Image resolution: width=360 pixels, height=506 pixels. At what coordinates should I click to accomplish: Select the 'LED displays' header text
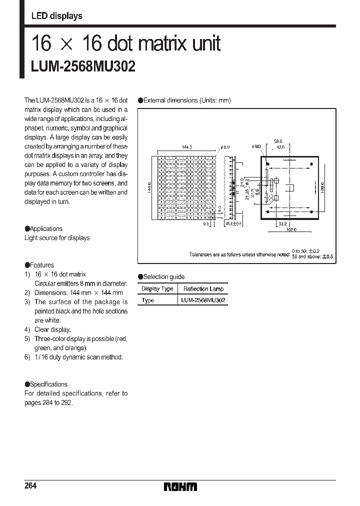point(56,16)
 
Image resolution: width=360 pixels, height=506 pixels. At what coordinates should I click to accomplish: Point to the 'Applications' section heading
point(46,228)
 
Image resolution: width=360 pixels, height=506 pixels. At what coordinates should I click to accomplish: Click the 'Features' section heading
point(41,265)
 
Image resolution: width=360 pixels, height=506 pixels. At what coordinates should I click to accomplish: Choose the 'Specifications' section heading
point(48,384)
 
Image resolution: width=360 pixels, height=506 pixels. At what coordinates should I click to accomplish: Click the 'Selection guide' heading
point(163,276)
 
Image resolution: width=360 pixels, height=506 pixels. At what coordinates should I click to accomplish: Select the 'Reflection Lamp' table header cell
point(203,289)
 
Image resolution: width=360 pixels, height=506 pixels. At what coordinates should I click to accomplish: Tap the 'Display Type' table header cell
point(157,289)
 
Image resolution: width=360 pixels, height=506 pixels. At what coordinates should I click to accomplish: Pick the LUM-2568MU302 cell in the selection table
point(203,300)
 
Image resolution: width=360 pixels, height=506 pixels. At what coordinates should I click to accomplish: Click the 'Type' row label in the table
point(148,300)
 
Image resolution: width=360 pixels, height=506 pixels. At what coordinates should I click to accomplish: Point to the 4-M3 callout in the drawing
point(256,147)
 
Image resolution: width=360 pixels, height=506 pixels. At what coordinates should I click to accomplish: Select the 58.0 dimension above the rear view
point(278,141)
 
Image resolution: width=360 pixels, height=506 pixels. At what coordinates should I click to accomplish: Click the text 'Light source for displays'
point(57,238)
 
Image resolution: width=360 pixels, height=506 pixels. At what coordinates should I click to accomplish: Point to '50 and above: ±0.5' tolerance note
point(312,256)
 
